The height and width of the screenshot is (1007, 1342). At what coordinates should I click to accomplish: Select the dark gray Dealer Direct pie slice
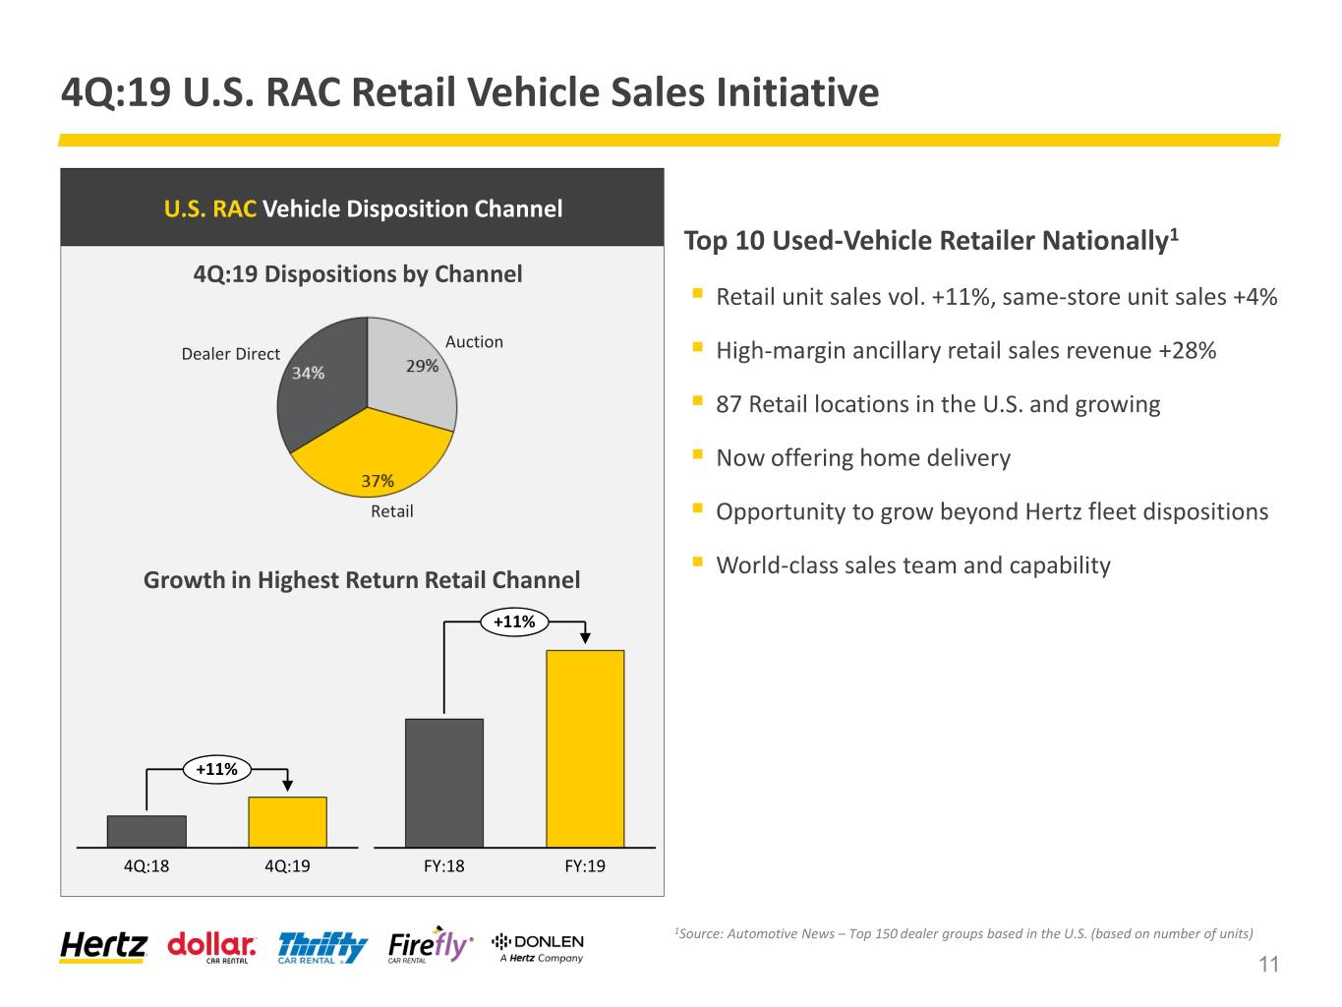pyautogui.click(x=321, y=391)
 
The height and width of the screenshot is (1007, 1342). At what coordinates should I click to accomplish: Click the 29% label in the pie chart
pyautogui.click(x=422, y=366)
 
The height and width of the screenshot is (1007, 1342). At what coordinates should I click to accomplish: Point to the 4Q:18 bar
pyautogui.click(x=146, y=831)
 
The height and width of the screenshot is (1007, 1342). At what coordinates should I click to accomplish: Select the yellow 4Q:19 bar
pyautogui.click(x=287, y=822)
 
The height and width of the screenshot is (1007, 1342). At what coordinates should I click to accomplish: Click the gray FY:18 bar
pyautogui.click(x=443, y=783)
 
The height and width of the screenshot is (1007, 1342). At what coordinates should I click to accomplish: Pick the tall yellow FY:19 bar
pyautogui.click(x=585, y=748)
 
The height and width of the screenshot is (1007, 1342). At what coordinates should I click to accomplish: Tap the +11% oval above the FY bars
pyautogui.click(x=514, y=622)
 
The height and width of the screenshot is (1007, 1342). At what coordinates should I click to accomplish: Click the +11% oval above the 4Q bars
pyautogui.click(x=217, y=769)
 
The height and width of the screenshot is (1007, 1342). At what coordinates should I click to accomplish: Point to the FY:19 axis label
pyautogui.click(x=585, y=865)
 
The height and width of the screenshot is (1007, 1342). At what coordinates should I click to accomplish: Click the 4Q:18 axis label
pyautogui.click(x=146, y=865)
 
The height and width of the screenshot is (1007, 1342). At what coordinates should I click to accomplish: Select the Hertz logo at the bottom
pyautogui.click(x=103, y=946)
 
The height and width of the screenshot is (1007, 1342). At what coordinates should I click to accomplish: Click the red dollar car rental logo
pyautogui.click(x=211, y=947)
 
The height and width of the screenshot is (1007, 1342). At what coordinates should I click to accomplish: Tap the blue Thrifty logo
pyautogui.click(x=322, y=948)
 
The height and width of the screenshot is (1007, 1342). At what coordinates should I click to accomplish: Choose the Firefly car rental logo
pyautogui.click(x=431, y=945)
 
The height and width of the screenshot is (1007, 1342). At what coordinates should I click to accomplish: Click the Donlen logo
pyautogui.click(x=538, y=947)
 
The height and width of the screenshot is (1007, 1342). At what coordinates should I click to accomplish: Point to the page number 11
pyautogui.click(x=1268, y=964)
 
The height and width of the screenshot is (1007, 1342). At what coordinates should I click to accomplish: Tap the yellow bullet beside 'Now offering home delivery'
pyautogui.click(x=697, y=453)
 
